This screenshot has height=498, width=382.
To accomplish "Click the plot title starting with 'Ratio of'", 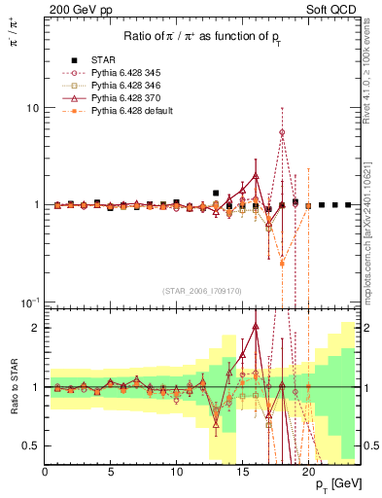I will [203, 38].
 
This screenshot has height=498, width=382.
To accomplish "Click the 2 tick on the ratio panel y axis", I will [36, 328].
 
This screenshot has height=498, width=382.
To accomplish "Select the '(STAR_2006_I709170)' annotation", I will [203, 289].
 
